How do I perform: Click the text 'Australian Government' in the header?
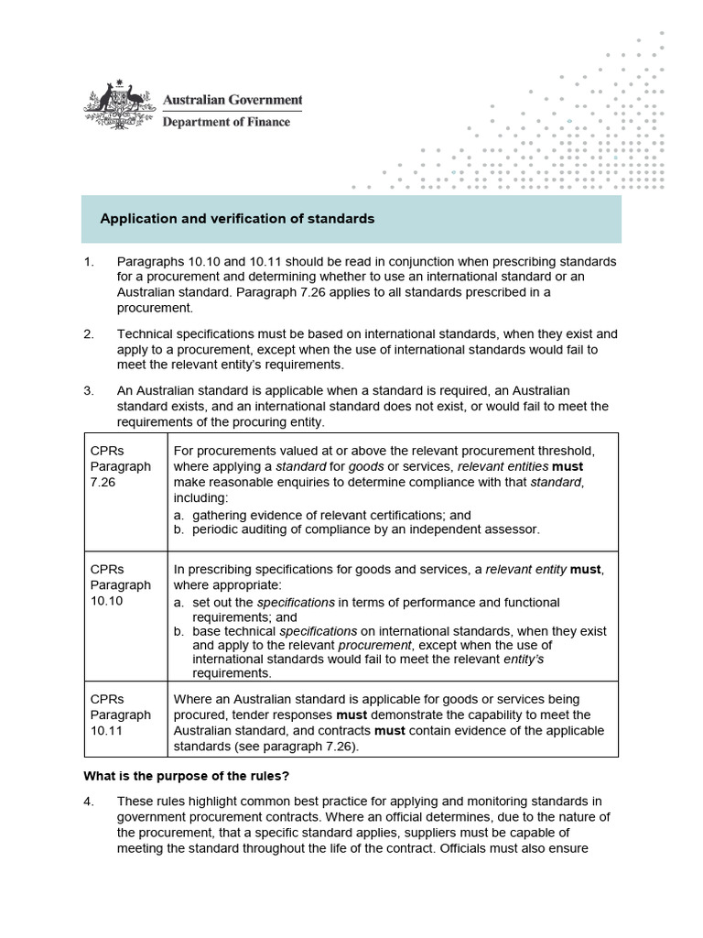(x=232, y=100)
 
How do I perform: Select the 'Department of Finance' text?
(x=226, y=122)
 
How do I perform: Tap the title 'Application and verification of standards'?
(x=237, y=219)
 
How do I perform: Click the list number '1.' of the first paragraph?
(x=89, y=262)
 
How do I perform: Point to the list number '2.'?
(x=89, y=333)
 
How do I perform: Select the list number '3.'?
(x=89, y=390)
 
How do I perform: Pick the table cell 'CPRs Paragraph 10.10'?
(x=120, y=584)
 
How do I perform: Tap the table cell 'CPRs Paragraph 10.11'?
(x=120, y=714)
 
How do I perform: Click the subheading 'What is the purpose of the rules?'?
(x=187, y=776)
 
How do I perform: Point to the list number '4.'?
(x=89, y=802)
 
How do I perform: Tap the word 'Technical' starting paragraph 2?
(x=146, y=333)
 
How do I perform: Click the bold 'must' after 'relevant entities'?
(x=567, y=466)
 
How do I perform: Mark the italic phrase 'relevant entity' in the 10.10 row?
(x=525, y=569)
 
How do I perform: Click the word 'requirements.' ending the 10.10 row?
(x=233, y=673)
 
